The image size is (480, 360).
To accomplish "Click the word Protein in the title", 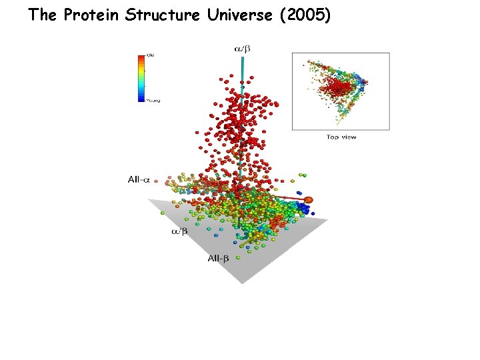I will [90, 15].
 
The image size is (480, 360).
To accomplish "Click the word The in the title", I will [43, 15].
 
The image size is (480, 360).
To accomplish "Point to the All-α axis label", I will [141, 179].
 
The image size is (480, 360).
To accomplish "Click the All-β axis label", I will [217, 258].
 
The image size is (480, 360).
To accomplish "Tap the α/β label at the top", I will [241, 48].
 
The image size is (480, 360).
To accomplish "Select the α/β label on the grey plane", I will [179, 231].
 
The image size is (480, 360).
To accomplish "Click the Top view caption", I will [341, 137].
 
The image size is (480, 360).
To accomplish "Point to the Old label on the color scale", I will [150, 55].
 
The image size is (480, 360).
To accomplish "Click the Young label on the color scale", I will [153, 101].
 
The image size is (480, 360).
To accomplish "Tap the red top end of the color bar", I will [141, 58].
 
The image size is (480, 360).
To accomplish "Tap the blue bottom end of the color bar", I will [141, 99].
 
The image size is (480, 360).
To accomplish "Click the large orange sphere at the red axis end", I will [309, 199].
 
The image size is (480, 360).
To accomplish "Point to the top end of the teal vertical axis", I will [242, 57].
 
